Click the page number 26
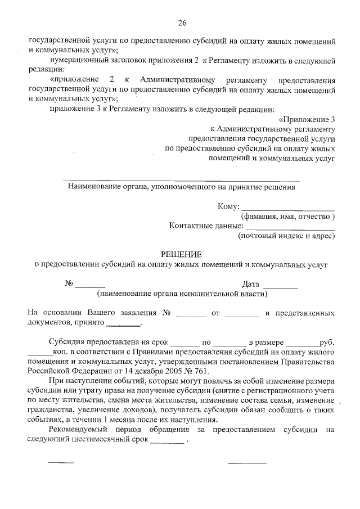click(181, 23)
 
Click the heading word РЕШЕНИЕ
click(181, 254)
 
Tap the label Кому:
click(228, 206)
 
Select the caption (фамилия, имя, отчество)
click(288, 217)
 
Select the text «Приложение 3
click(307, 119)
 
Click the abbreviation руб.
click(326, 341)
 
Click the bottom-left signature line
click(61, 463)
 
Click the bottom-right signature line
click(247, 463)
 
